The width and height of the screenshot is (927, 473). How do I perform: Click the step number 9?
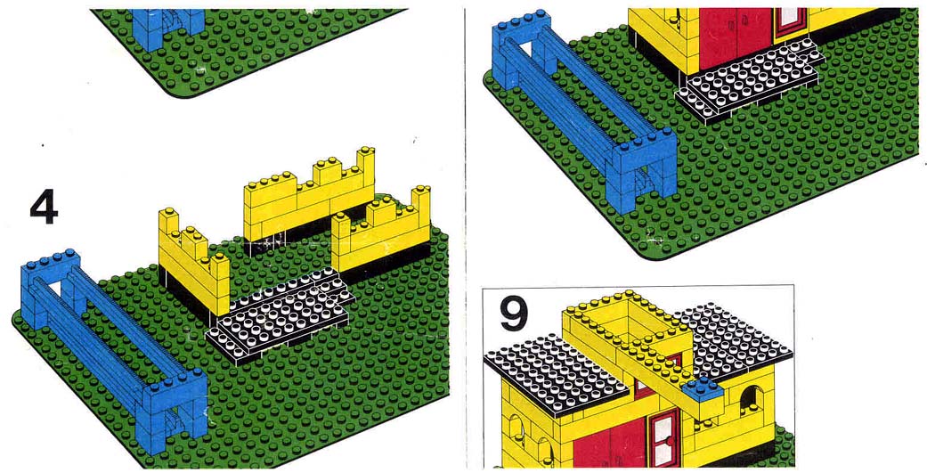click(x=515, y=314)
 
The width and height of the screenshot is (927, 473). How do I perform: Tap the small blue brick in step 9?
click(x=703, y=389)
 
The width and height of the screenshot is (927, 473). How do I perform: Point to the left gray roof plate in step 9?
click(x=557, y=379)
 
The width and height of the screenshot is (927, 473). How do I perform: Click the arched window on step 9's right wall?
click(x=750, y=401)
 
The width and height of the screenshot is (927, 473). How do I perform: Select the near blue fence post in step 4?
click(x=175, y=411)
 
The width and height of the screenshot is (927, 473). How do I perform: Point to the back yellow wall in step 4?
click(x=310, y=198)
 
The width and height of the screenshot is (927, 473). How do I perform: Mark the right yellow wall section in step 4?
click(x=381, y=232)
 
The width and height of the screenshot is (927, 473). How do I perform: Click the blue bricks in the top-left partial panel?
click(x=168, y=29)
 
